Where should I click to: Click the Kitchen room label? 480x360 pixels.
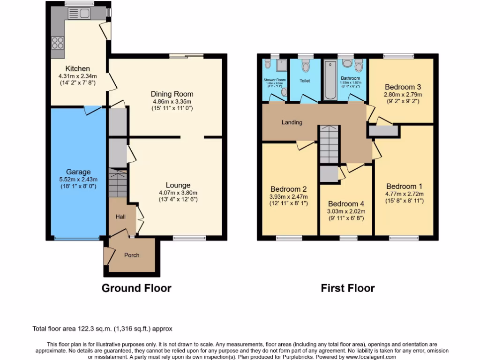77,68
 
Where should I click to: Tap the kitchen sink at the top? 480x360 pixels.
79,14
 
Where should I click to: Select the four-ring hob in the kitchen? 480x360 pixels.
57,43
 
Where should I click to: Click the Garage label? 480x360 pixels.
78,172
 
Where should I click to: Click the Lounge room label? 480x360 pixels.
178,185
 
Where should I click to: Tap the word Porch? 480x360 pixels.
132,255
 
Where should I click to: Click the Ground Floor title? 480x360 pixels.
136,288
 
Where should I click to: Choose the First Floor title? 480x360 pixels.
347,288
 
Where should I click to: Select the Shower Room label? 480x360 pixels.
274,80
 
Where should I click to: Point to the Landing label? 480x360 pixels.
292,122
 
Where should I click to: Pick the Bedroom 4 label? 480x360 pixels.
345,204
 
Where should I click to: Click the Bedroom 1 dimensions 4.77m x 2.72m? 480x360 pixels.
405,194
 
